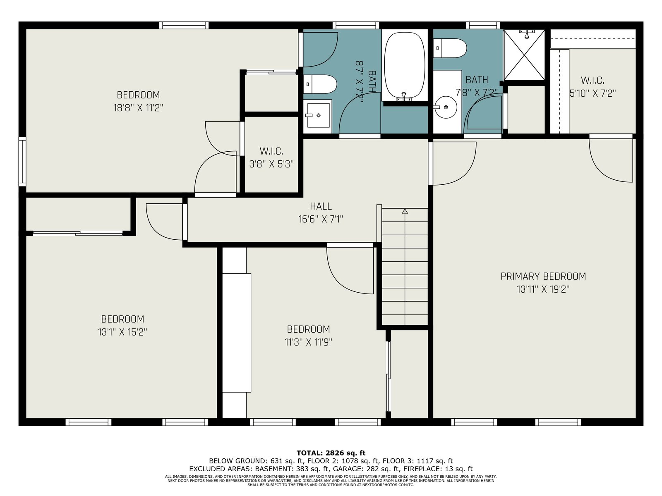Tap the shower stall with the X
pos(524,55)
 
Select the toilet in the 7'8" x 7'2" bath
pos(450,48)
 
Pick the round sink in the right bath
pos(446,107)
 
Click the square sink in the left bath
pos(319,115)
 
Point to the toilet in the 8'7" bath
pos(320,84)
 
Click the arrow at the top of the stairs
pos(405,211)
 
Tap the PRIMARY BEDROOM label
pos(543,276)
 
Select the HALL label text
pos(321,206)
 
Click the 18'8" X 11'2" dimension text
pos(138,108)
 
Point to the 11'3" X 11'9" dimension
pos(309,342)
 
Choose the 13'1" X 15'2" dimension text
pos(122,332)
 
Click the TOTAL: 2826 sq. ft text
pos(331,453)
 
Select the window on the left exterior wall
pos(22,162)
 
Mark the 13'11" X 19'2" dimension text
pos(543,289)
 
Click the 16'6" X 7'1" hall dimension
pos(321,219)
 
